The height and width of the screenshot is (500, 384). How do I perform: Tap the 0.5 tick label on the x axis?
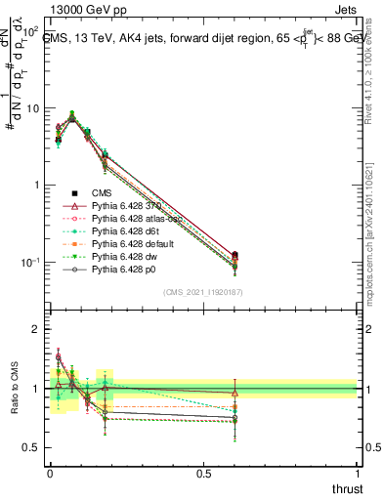(203, 472)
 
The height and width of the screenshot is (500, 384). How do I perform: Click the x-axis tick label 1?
(357, 472)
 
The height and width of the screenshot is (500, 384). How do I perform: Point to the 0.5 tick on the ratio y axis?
(34, 447)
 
